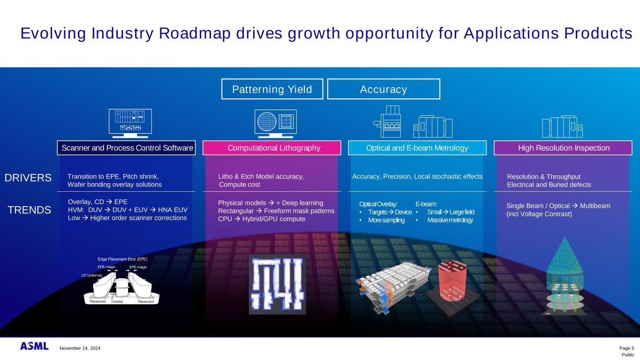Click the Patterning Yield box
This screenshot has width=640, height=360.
[272, 89]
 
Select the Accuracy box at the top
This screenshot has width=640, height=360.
[384, 89]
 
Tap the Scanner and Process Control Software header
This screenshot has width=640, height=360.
[126, 148]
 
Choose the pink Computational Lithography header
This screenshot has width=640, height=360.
[272, 148]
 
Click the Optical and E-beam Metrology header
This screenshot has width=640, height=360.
[417, 148]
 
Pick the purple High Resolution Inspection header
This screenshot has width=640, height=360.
[563, 148]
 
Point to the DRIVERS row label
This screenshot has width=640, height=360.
[28, 178]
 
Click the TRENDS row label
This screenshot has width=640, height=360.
[30, 210]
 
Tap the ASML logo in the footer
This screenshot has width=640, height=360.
[34, 346]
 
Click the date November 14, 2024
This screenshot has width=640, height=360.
[80, 348]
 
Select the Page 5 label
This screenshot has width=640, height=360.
[626, 348]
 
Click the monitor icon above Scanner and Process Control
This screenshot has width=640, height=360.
[130, 123]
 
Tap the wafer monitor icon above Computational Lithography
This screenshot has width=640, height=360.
[276, 124]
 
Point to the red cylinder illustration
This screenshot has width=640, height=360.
[452, 281]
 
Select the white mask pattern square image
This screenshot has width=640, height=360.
[278, 284]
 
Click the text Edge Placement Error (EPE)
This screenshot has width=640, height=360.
[122, 259]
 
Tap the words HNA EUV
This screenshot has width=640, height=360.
[173, 210]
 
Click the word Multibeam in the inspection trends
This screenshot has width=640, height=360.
[595, 206]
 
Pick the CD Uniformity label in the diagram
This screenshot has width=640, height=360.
[92, 276]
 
